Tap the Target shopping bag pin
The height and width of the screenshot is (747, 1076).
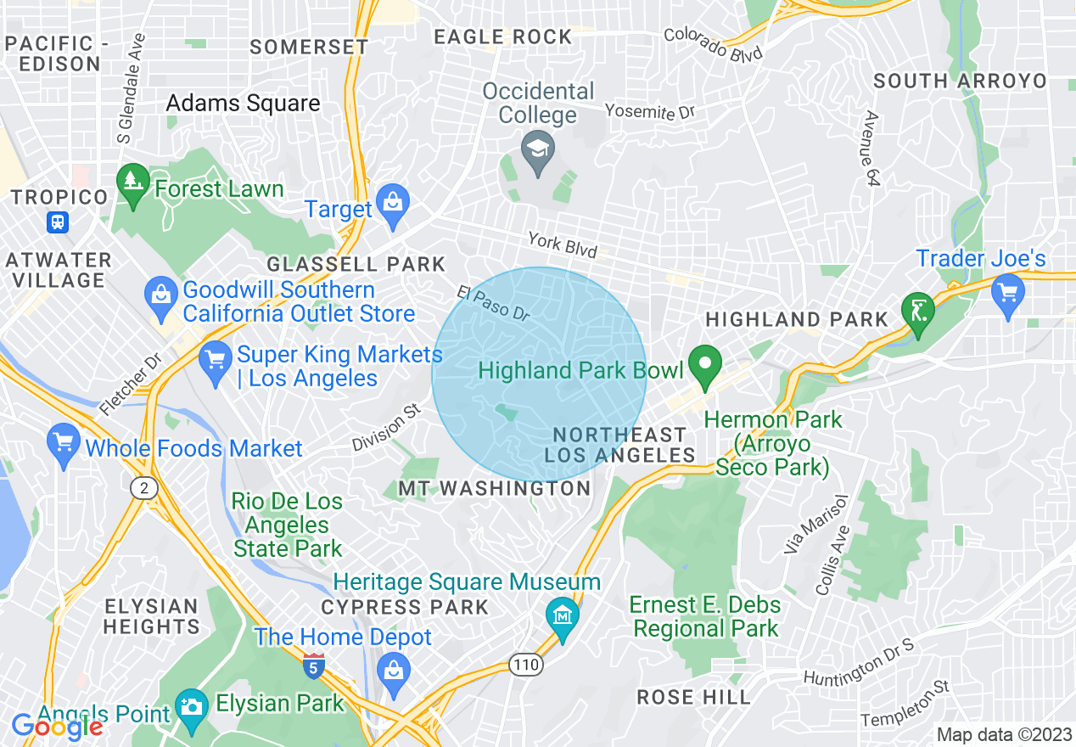pyautogui.click(x=392, y=204)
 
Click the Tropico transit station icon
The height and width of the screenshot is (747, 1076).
pyautogui.click(x=58, y=222)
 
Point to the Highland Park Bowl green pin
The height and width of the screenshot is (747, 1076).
pyautogui.click(x=704, y=366)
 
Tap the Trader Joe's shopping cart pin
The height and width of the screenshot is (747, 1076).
pyautogui.click(x=1007, y=294)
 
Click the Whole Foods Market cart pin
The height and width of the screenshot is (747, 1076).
pyautogui.click(x=64, y=444)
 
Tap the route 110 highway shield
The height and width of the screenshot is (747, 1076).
pyautogui.click(x=526, y=665)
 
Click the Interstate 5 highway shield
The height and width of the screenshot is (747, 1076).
pyautogui.click(x=313, y=666)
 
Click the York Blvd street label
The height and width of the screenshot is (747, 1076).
pyautogui.click(x=562, y=244)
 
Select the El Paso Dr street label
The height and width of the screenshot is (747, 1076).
pyautogui.click(x=493, y=303)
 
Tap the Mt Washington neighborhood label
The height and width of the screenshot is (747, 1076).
pyautogui.click(x=495, y=488)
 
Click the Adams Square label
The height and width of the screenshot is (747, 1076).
pyautogui.click(x=243, y=104)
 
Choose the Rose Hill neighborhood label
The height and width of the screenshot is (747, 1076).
pyautogui.click(x=694, y=697)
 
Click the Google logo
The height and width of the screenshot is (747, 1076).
pyautogui.click(x=57, y=726)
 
